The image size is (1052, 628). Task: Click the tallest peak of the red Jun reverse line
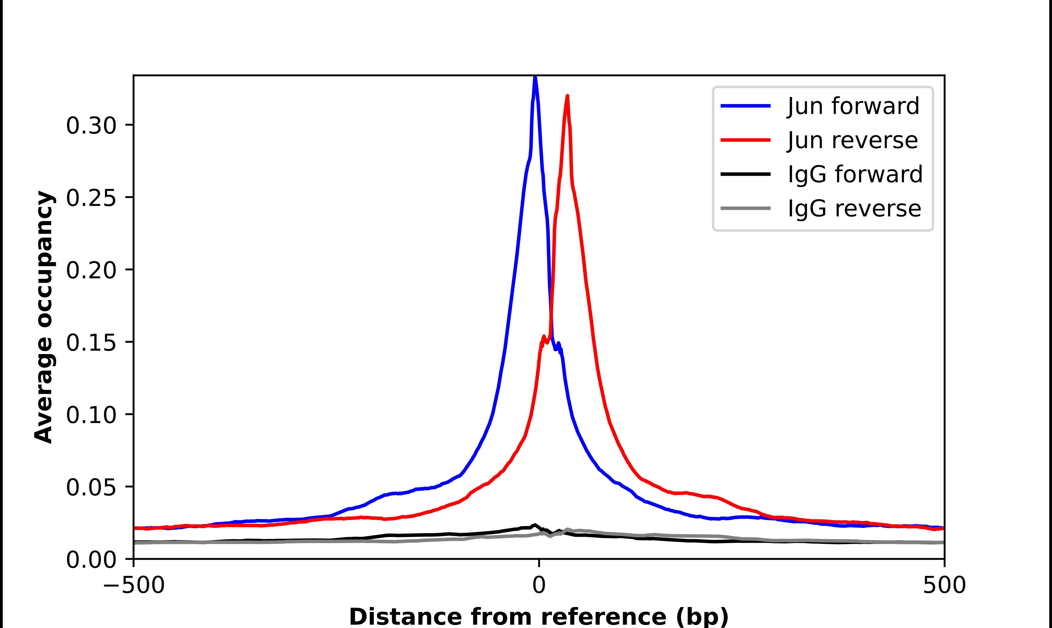coord(567,96)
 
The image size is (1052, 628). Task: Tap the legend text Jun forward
coord(853,106)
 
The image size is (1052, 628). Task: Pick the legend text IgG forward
coord(855,174)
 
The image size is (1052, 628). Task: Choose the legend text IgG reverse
coord(854,209)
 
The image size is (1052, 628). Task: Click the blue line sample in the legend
coord(745,106)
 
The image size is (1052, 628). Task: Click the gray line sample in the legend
coord(745,208)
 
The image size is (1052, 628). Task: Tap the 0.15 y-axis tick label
coord(91,343)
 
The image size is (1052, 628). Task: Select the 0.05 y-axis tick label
coord(91,488)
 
